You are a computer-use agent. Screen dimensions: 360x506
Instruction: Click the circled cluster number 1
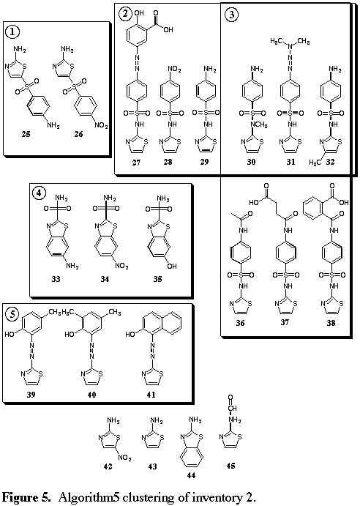click(12, 31)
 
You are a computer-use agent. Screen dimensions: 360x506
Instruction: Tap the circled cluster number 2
click(125, 14)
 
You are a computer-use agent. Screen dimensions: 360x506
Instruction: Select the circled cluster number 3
click(232, 15)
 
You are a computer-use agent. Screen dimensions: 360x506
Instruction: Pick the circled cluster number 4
click(39, 193)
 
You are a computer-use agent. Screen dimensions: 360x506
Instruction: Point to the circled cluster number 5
click(12, 313)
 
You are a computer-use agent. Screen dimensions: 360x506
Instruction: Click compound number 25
click(26, 134)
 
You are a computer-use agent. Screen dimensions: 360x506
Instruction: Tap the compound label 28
click(168, 162)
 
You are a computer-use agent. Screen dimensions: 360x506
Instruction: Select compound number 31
click(290, 162)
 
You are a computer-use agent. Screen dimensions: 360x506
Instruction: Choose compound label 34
click(105, 279)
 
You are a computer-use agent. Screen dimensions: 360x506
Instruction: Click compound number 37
click(285, 321)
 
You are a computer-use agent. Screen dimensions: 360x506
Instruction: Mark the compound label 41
click(151, 395)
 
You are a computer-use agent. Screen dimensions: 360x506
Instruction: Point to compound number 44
click(191, 475)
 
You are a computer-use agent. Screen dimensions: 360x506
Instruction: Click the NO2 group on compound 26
click(101, 125)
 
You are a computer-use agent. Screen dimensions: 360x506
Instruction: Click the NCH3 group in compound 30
click(259, 124)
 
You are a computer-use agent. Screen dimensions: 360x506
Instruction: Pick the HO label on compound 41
click(130, 335)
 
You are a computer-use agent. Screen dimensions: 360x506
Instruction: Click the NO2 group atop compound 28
click(175, 70)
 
